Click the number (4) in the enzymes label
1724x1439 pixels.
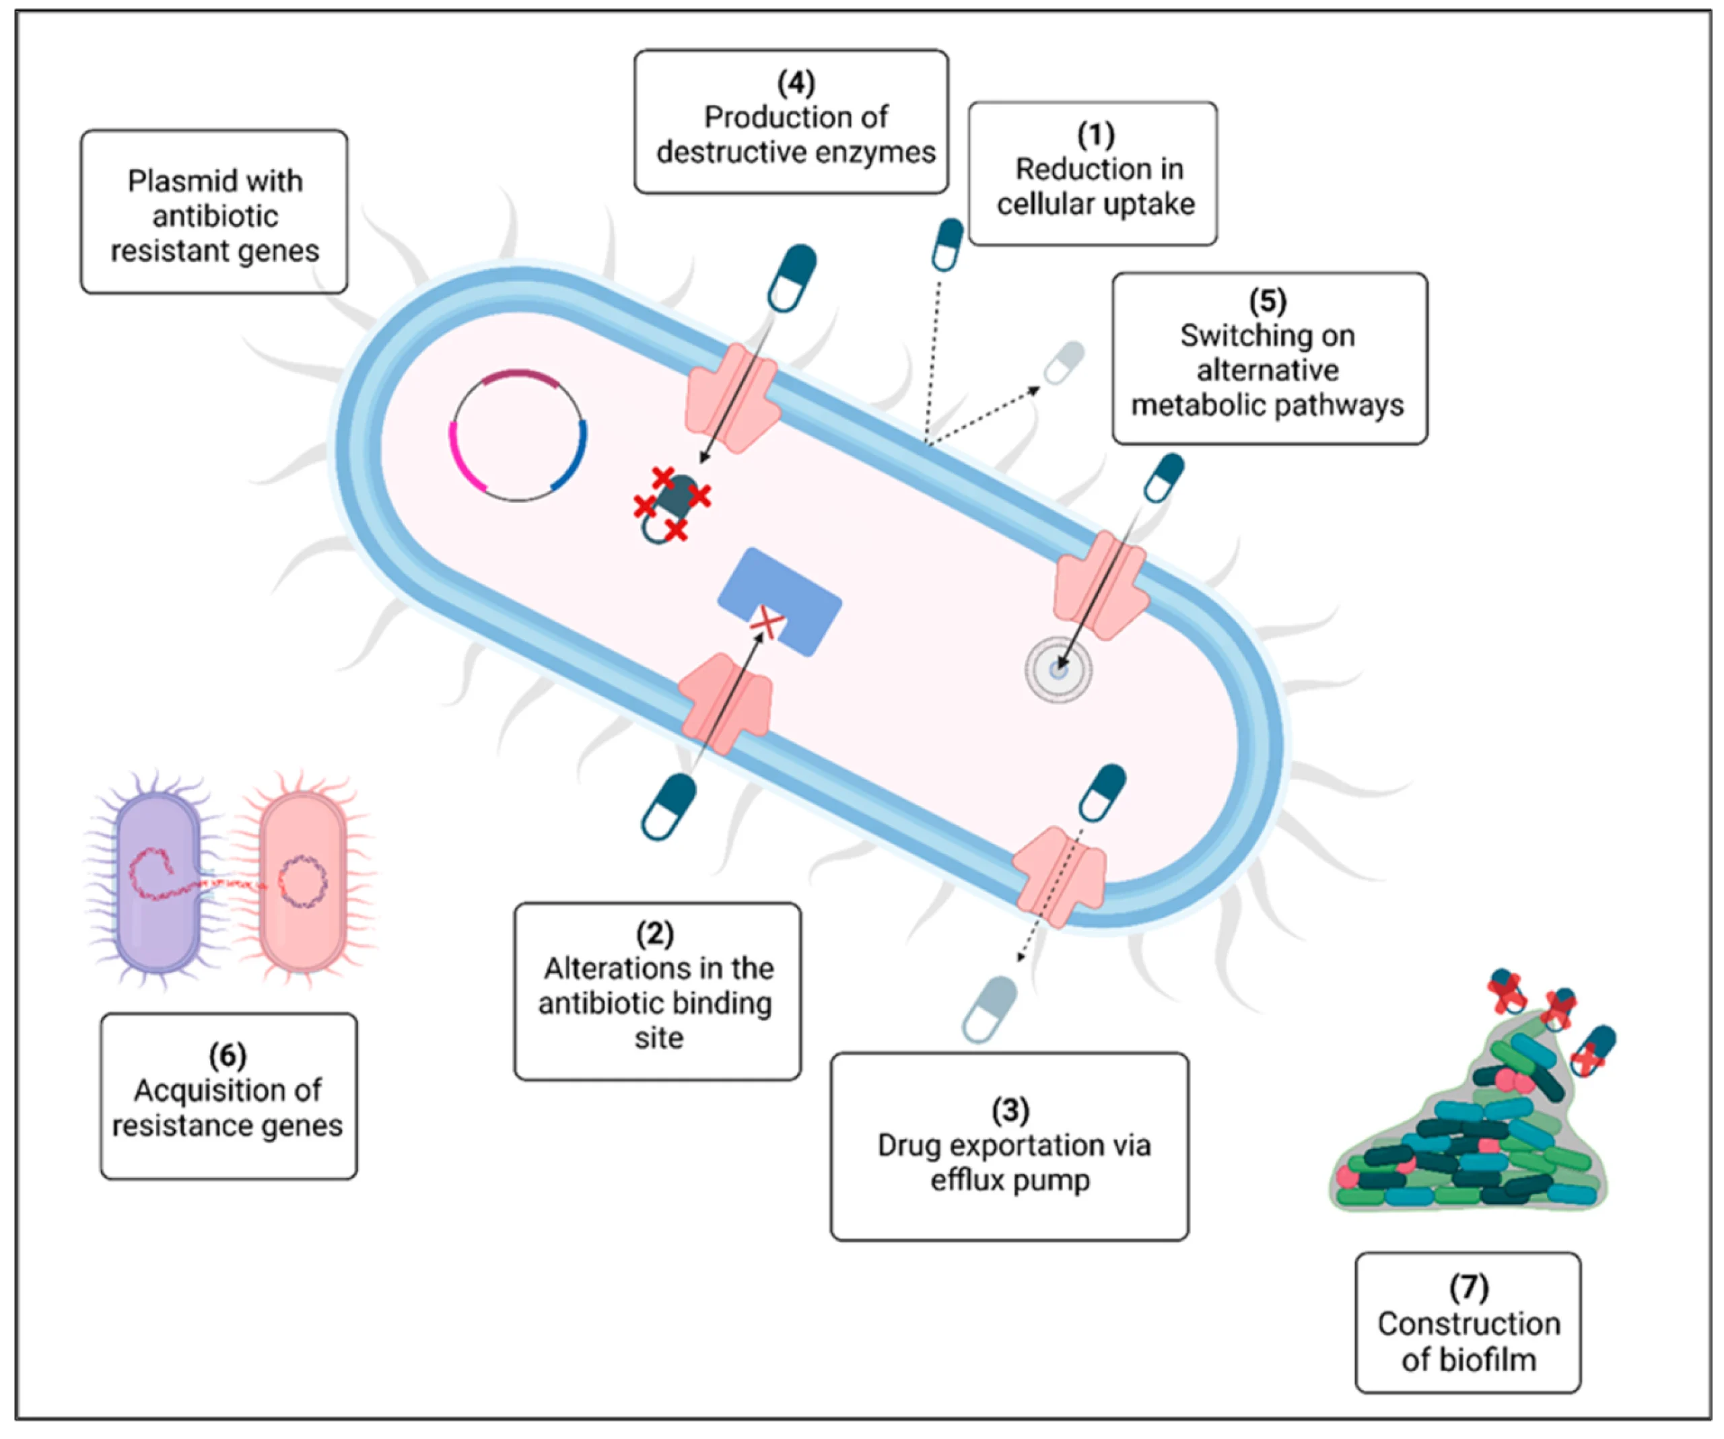pyautogui.click(x=796, y=82)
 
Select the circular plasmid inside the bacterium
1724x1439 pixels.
pyautogui.click(x=518, y=436)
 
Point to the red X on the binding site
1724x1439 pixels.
pyautogui.click(x=767, y=622)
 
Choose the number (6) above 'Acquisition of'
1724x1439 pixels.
pyautogui.click(x=228, y=1055)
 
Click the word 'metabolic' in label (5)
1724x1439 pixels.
pyautogui.click(x=1188, y=405)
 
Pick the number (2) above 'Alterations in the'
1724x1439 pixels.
pyautogui.click(x=654, y=934)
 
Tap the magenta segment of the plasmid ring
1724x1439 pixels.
pyautogui.click(x=464, y=458)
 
